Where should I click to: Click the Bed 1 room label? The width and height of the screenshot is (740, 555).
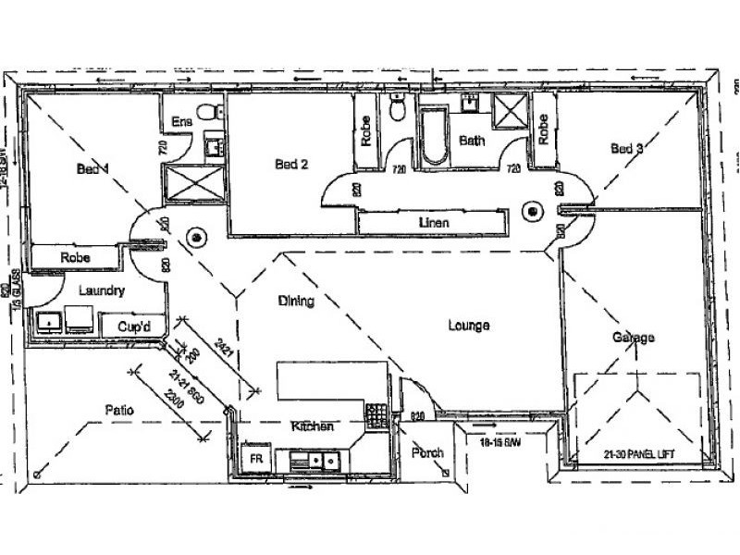(92, 169)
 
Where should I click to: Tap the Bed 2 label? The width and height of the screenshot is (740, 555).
(291, 165)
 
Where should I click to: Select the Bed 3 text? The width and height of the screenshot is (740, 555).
(627, 148)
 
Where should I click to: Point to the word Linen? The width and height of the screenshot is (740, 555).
(433, 223)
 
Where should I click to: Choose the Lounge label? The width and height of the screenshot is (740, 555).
(468, 326)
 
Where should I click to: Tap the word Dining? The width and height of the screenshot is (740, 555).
(296, 302)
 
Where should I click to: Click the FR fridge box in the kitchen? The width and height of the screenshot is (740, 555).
(251, 457)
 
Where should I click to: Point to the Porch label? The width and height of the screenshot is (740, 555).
(428, 453)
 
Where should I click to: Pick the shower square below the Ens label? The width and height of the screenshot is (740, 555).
(193, 182)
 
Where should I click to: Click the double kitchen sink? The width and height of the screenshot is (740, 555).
(314, 459)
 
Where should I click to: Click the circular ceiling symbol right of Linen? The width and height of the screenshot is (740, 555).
(533, 211)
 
